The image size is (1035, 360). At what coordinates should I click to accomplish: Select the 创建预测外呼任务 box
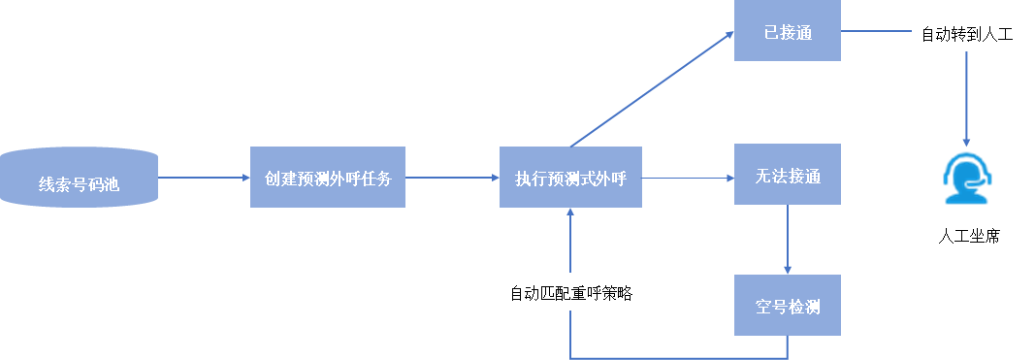327,178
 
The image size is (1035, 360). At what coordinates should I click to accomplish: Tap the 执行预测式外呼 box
570,178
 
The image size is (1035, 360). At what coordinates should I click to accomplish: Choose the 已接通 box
787,33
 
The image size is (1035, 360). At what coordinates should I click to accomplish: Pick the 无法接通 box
787,175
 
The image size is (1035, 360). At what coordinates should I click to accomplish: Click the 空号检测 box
787,306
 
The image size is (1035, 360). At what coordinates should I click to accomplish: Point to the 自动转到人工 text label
966,34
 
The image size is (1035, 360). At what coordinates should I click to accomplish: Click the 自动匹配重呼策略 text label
570,292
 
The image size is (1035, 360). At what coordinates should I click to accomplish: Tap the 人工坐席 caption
967,236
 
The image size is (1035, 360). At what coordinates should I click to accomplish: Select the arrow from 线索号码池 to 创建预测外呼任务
204,178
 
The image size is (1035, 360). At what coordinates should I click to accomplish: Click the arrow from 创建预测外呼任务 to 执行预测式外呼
452,178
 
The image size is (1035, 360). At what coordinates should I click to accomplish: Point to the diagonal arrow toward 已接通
652,89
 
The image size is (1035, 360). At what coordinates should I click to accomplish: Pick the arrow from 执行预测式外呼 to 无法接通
688,178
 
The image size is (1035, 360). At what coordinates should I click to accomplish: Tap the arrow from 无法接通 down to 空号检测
787,240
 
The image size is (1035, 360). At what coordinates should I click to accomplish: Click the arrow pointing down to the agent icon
966,97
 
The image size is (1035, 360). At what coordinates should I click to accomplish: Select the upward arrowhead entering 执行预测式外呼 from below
570,214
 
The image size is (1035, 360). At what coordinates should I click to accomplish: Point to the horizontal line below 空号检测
679,357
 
